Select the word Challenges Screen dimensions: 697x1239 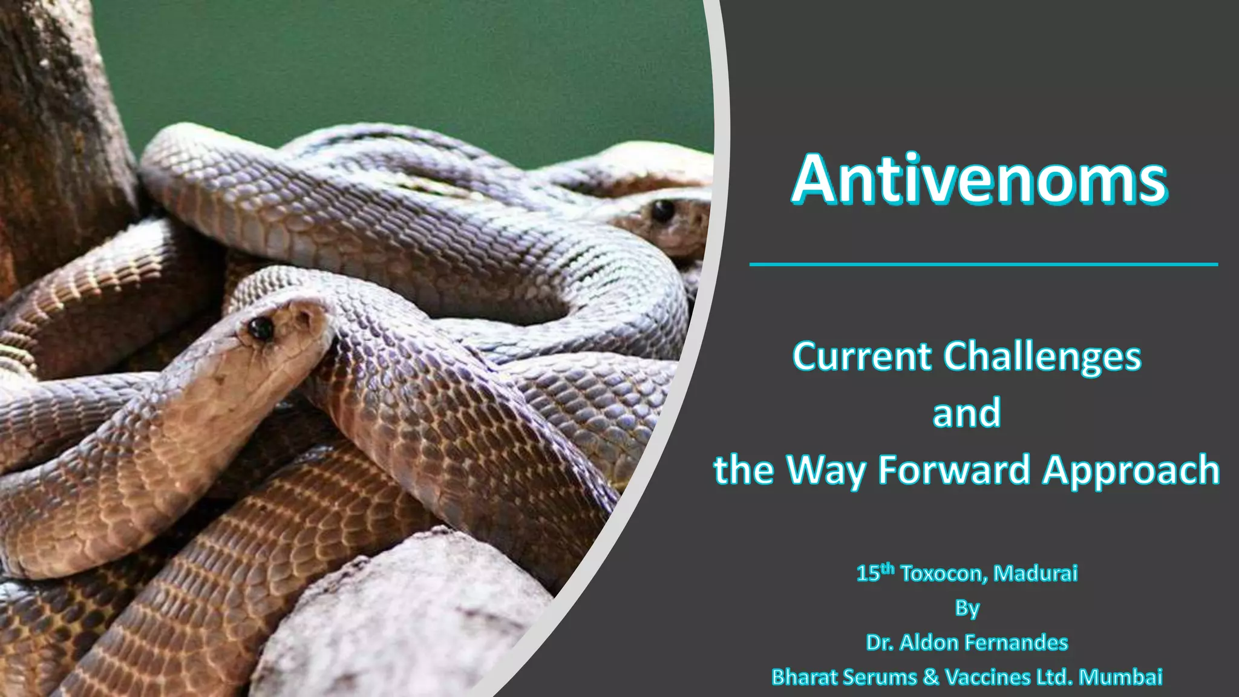coord(1042,356)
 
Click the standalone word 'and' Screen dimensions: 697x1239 coord(967,413)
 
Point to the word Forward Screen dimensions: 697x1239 coord(954,470)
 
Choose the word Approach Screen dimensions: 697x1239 coord(1131,471)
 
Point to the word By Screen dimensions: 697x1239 coord(967,608)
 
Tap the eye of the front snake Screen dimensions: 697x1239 coord(261,329)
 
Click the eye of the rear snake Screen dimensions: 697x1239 coord(662,211)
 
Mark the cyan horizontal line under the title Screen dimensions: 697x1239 coord(983,264)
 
